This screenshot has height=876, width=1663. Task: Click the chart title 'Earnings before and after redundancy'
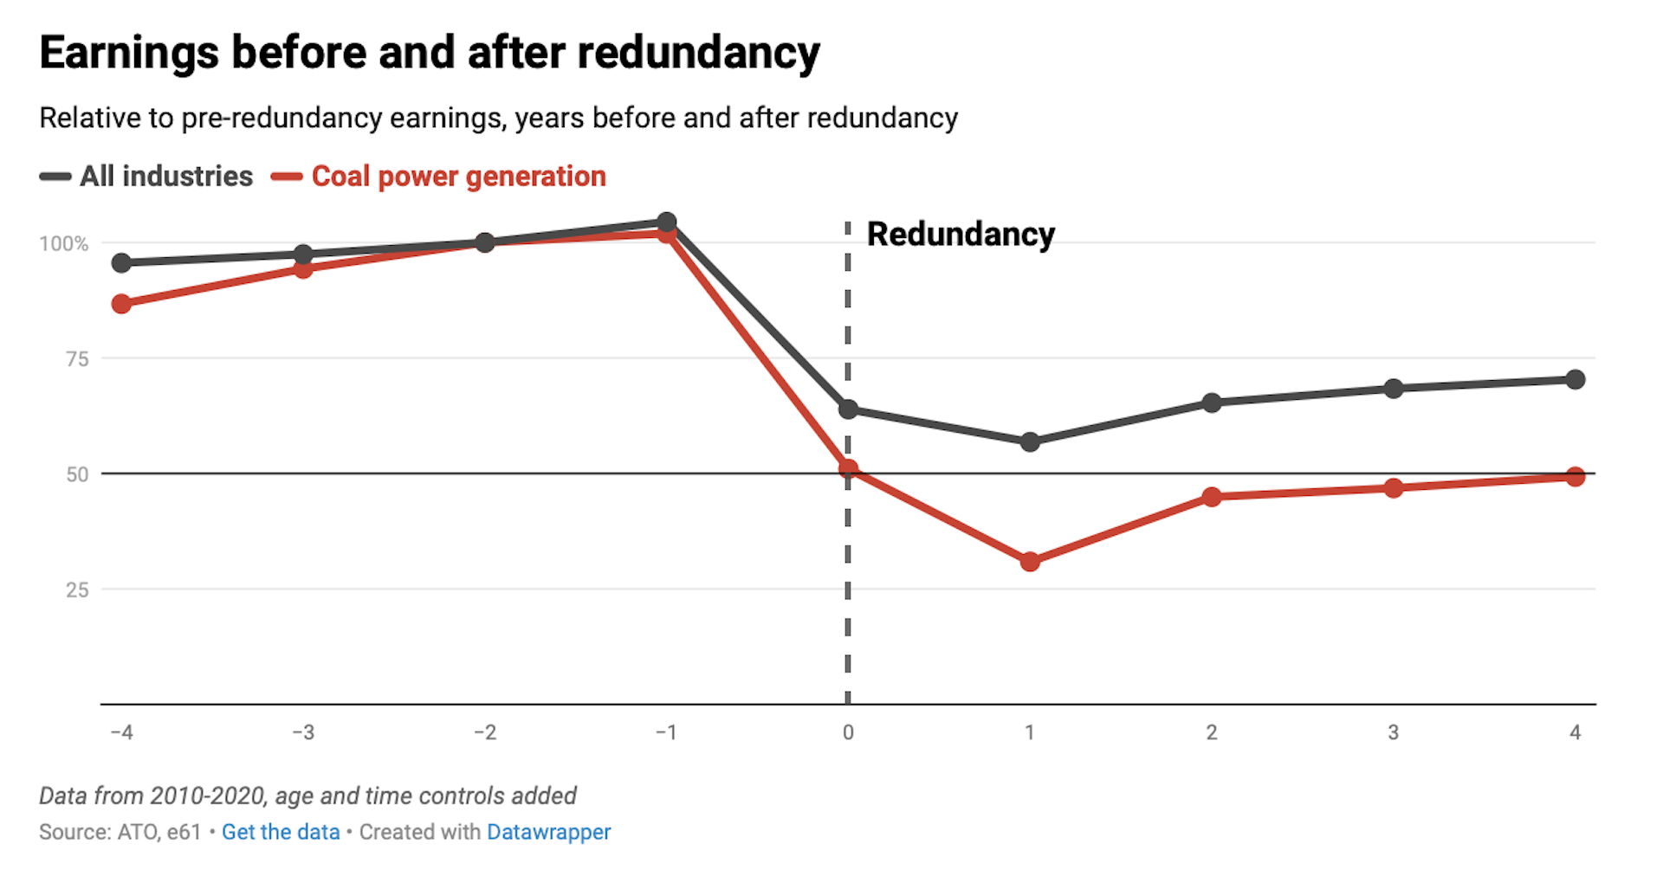pyautogui.click(x=429, y=54)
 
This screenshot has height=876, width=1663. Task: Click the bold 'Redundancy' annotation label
pyautogui.click(x=960, y=235)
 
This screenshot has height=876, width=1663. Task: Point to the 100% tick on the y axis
pyautogui.click(x=64, y=244)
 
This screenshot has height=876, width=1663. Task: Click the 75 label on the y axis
pyautogui.click(x=77, y=359)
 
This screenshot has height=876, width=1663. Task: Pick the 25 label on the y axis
pyautogui.click(x=77, y=590)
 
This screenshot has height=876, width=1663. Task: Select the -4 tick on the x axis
pyautogui.click(x=121, y=733)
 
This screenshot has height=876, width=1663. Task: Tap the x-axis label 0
pyautogui.click(x=848, y=733)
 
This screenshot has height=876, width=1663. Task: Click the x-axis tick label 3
pyautogui.click(x=1393, y=733)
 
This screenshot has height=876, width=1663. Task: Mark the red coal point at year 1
pyautogui.click(x=1030, y=562)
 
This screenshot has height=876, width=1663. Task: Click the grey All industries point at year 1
pyautogui.click(x=1030, y=442)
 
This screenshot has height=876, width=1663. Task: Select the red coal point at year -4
pyautogui.click(x=121, y=304)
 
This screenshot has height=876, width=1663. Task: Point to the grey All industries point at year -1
pyautogui.click(x=666, y=222)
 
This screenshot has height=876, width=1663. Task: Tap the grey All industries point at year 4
pyautogui.click(x=1575, y=379)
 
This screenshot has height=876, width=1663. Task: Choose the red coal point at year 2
pyautogui.click(x=1212, y=497)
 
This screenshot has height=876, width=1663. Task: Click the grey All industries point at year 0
pyautogui.click(x=848, y=409)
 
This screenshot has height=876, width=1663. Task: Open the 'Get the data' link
pyautogui.click(x=281, y=832)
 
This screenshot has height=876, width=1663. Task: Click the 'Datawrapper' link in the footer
pyautogui.click(x=548, y=832)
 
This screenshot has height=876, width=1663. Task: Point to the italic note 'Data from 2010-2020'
pyautogui.click(x=307, y=795)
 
